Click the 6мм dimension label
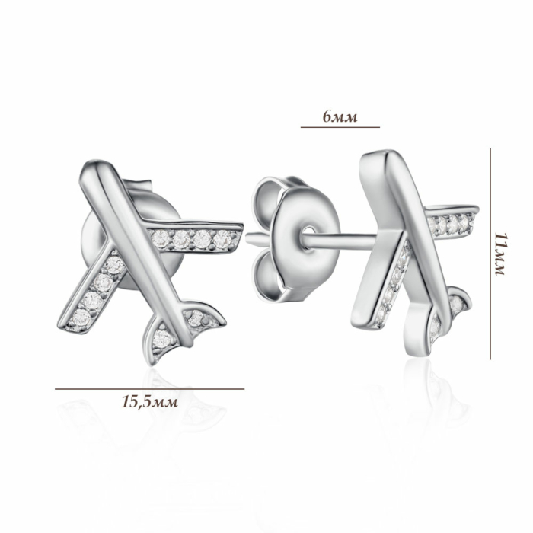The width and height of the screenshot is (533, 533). (x=340, y=117)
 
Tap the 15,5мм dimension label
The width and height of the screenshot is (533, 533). (x=149, y=402)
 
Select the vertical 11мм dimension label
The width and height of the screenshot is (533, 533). (x=500, y=254)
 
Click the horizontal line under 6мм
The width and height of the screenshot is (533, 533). (x=340, y=127)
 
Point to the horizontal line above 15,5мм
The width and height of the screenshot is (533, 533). (x=149, y=389)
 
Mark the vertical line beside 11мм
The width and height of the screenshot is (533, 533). (x=490, y=254)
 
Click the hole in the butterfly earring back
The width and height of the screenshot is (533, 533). (x=308, y=238)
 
